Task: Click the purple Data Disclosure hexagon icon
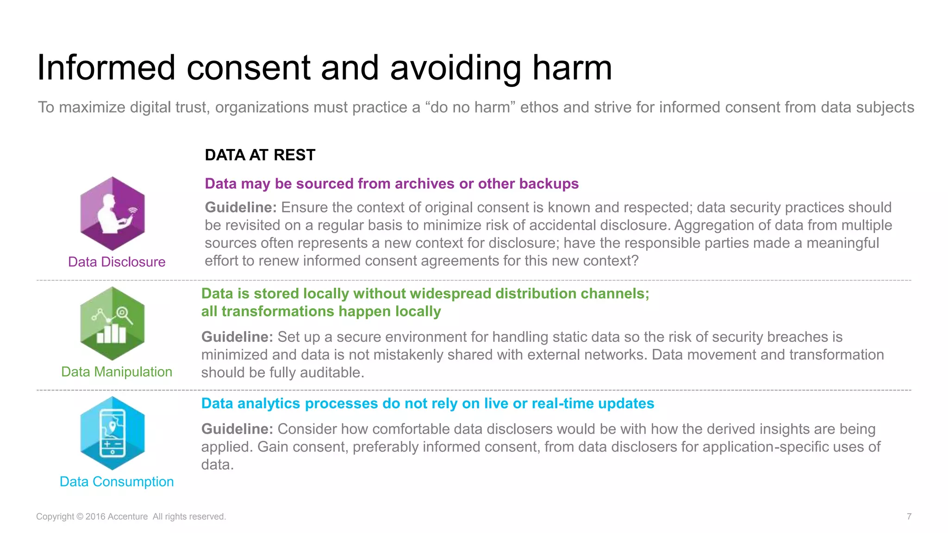click(112, 213)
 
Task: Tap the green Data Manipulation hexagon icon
click(112, 323)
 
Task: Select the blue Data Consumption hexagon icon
click(112, 433)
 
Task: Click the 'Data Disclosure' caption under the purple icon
click(117, 262)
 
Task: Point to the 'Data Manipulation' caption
click(117, 372)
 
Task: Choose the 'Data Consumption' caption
click(117, 482)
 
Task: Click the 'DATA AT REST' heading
click(260, 155)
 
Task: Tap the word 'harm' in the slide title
click(572, 68)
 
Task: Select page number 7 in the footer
click(909, 516)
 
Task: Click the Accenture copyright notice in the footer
click(131, 517)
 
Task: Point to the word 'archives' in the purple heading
click(424, 184)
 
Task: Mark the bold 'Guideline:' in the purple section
click(241, 207)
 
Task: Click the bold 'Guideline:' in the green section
click(237, 337)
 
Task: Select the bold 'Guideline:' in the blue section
click(237, 429)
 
